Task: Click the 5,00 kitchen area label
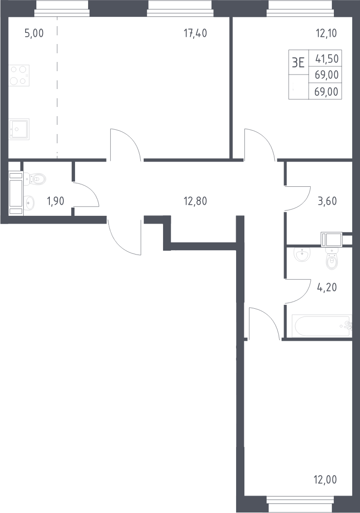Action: pos(34,33)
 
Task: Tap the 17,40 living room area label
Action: pos(195,33)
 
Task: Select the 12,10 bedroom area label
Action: pos(326,33)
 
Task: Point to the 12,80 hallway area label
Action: pos(195,201)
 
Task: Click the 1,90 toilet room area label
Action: pos(56,201)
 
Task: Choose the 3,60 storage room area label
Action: pos(327,201)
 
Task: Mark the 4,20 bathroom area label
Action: pos(327,287)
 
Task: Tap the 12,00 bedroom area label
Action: pos(325,480)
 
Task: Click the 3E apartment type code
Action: pos(298,62)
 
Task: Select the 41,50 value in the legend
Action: pos(327,59)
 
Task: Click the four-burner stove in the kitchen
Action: pos(19,75)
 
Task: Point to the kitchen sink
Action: pos(19,129)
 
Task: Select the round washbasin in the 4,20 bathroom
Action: pos(302,254)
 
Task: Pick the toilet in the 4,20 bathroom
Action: pos(331,258)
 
